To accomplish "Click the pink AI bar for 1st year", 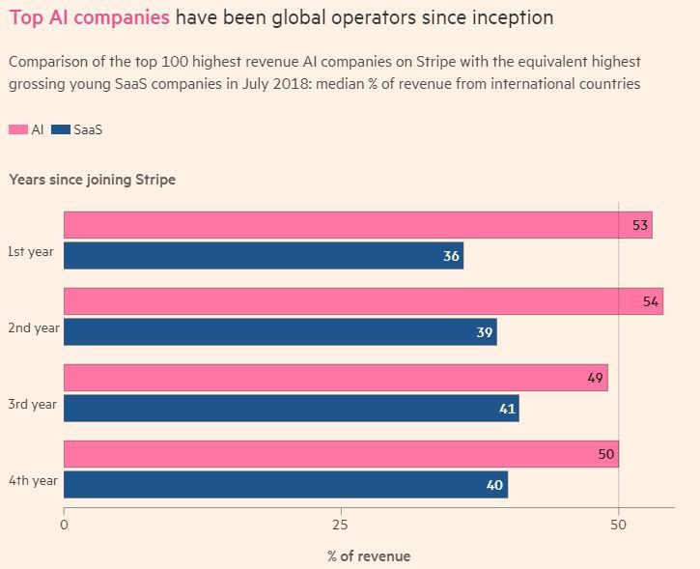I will coord(357,225).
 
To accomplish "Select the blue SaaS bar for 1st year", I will coord(263,256).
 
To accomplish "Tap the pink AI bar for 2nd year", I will coord(363,301).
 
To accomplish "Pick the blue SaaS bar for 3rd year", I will coord(291,409).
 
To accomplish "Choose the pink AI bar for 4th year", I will coord(341,454).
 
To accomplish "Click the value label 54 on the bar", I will coord(651,302).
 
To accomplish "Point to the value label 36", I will coord(451,257).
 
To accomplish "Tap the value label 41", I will coord(507,409).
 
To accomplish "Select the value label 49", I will coord(595,378).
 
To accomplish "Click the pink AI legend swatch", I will coord(17,129).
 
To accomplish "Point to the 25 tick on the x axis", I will coord(340,526).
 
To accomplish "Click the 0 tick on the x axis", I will coord(64,526).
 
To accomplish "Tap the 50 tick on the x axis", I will coord(619,526).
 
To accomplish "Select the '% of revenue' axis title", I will coord(368,555).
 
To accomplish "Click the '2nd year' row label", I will coord(33,328).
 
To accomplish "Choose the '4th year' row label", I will coord(33,480).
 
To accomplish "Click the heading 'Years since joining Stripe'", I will coord(92,180).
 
